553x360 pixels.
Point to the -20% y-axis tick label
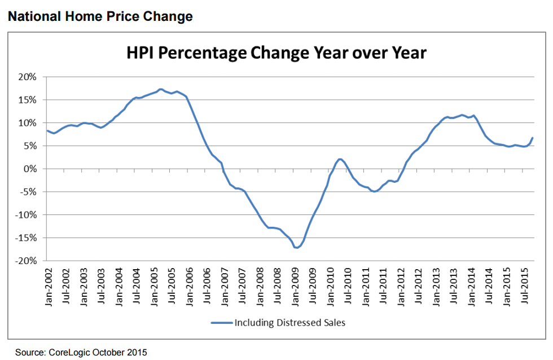click(x=27, y=261)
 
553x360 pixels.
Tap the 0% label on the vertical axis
click(x=30, y=169)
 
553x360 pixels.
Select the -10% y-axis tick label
click(x=27, y=215)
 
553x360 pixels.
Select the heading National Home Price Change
click(x=100, y=17)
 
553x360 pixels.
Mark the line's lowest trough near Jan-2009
click(x=296, y=248)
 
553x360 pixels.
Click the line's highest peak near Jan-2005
click(x=161, y=89)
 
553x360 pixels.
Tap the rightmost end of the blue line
click(x=532, y=138)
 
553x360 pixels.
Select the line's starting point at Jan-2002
click(x=47, y=131)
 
